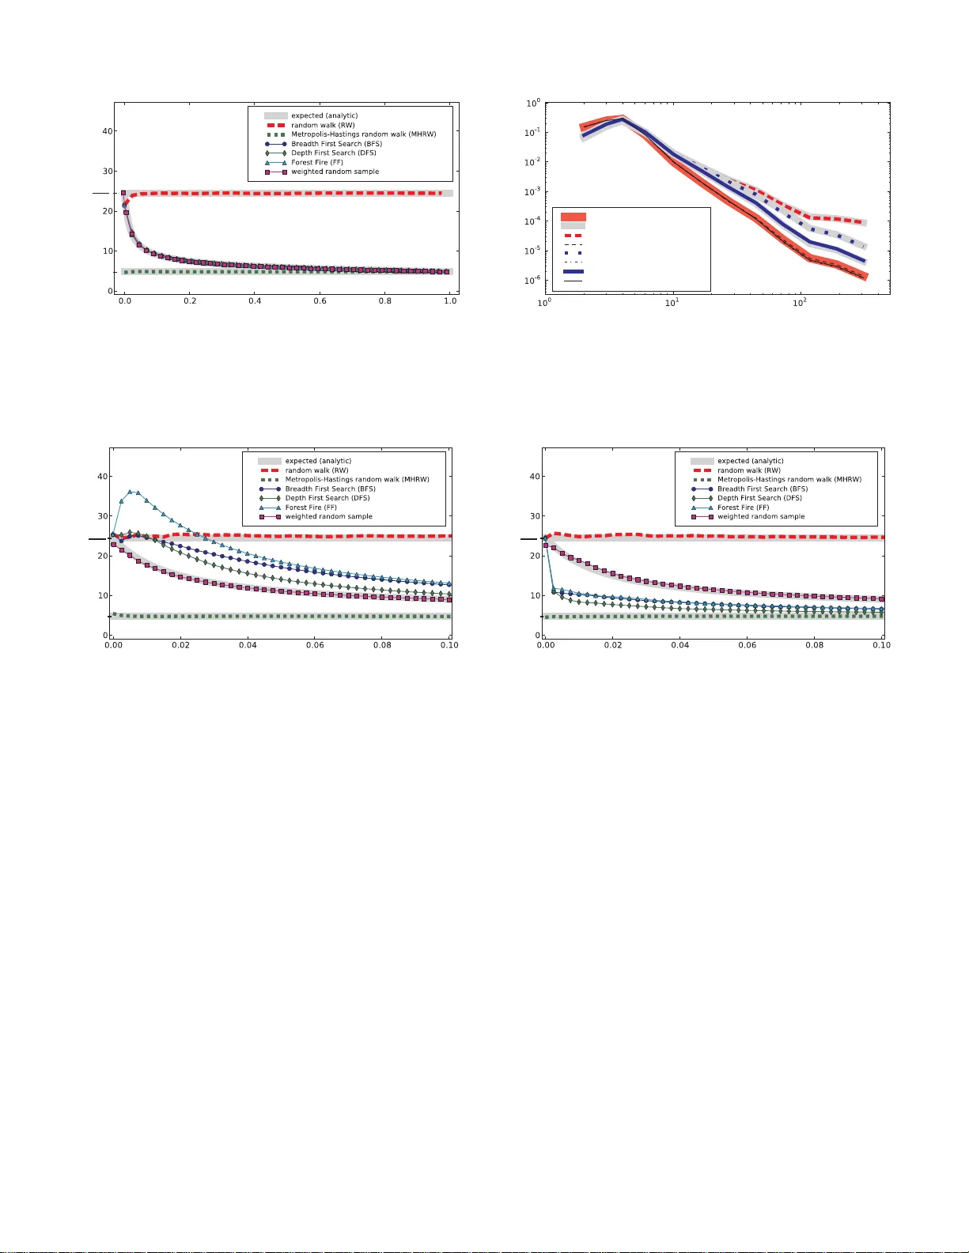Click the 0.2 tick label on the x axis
pyautogui.click(x=190, y=301)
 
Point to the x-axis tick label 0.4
pyautogui.click(x=255, y=301)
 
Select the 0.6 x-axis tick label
pyautogui.click(x=320, y=301)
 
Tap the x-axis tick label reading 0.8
pyautogui.click(x=385, y=301)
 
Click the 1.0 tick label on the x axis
pyautogui.click(x=450, y=301)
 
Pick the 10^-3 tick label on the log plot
pyautogui.click(x=532, y=191)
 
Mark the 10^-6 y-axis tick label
pyautogui.click(x=532, y=280)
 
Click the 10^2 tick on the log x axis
pyautogui.click(x=800, y=303)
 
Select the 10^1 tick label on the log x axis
pyautogui.click(x=672, y=303)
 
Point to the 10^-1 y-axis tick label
pyautogui.click(x=532, y=132)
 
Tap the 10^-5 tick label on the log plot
pyautogui.click(x=532, y=251)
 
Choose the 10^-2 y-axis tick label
pyautogui.click(x=532, y=162)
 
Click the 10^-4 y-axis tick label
pyautogui.click(x=532, y=221)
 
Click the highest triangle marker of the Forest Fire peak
pyautogui.click(x=131, y=492)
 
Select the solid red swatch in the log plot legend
pyautogui.click(x=573, y=217)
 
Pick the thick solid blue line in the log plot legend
pyautogui.click(x=573, y=271)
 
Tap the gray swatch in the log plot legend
pyautogui.click(x=573, y=226)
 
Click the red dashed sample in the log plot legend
pyautogui.click(x=573, y=236)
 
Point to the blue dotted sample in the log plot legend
pyautogui.click(x=573, y=253)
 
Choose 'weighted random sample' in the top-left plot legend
pyautogui.click(x=335, y=172)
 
